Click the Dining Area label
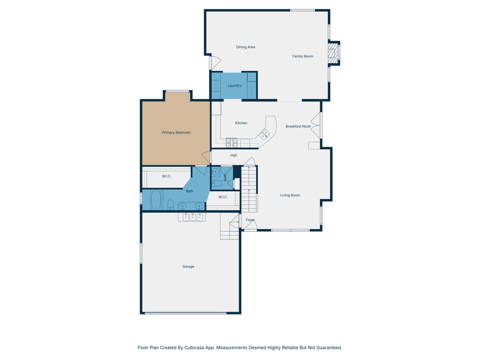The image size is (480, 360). click(x=246, y=47)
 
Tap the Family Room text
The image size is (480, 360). click(x=303, y=56)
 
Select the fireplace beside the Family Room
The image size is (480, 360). click(x=333, y=53)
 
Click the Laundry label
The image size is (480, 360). click(x=234, y=86)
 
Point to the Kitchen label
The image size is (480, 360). click(x=241, y=123)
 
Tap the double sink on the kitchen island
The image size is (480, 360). click(x=265, y=135)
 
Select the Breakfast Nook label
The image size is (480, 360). click(x=298, y=126)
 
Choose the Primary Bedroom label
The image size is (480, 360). click(x=176, y=133)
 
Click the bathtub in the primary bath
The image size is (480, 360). click(x=156, y=200)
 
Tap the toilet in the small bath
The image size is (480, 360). click(x=217, y=183)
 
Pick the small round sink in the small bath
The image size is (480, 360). click(x=216, y=172)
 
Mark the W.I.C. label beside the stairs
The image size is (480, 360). click(x=223, y=197)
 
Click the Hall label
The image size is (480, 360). click(x=233, y=155)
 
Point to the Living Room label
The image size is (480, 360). click(x=290, y=195)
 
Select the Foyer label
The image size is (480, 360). click(x=250, y=220)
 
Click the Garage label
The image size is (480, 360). click(x=188, y=267)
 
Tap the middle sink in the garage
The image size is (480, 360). click(x=192, y=217)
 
